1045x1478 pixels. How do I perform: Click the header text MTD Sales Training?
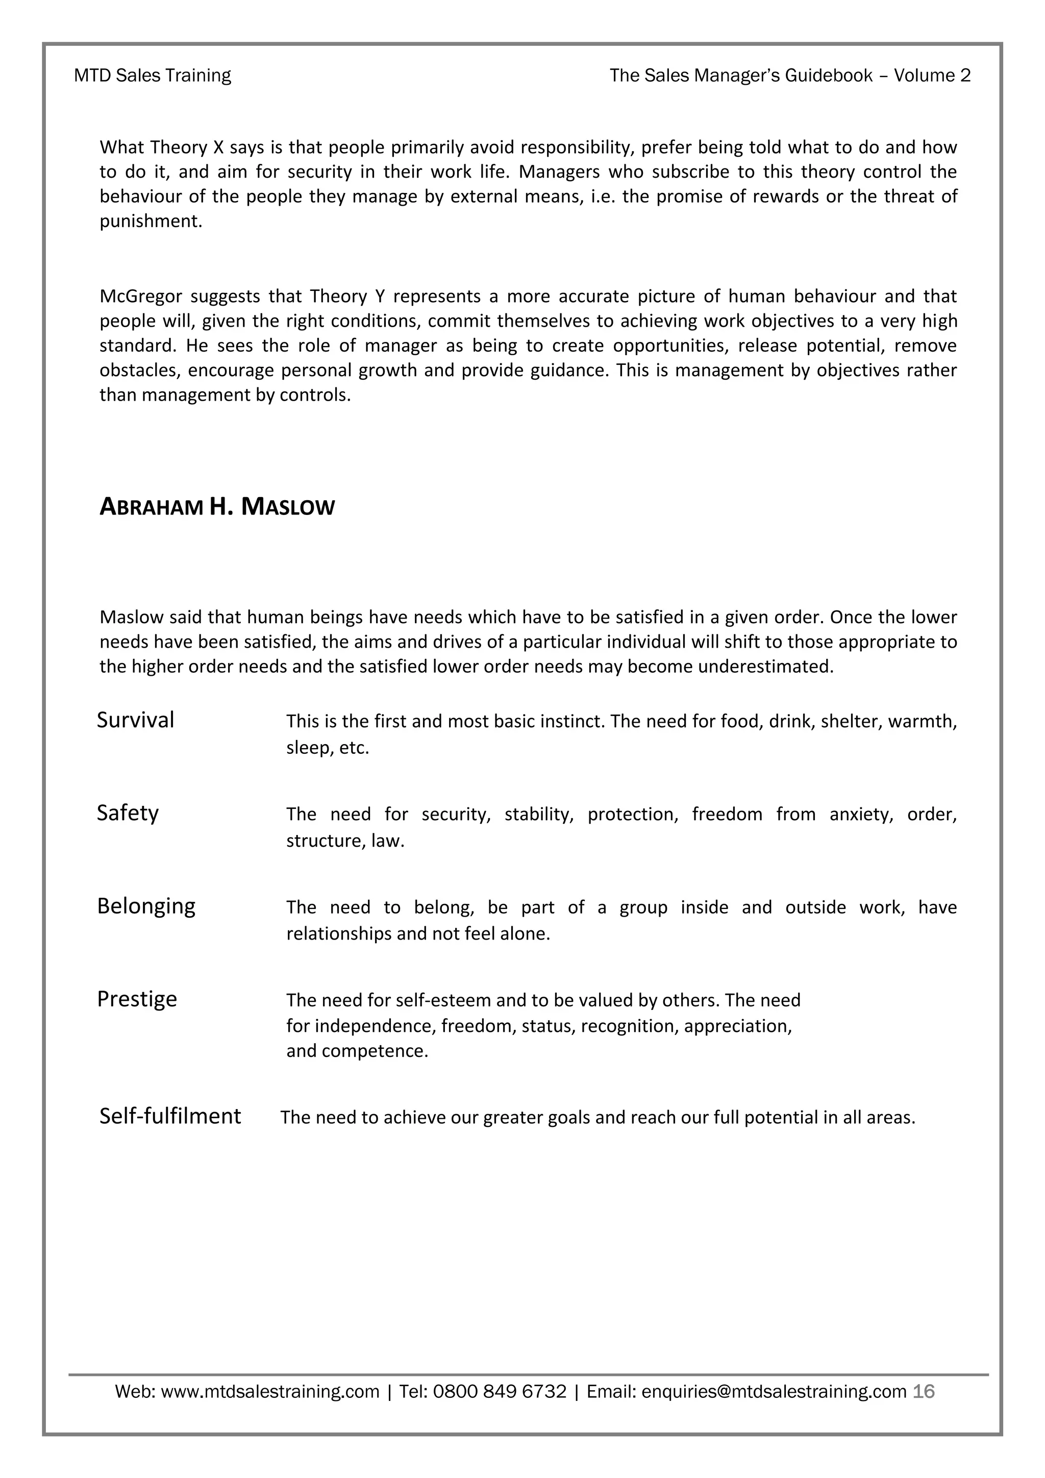pos(153,76)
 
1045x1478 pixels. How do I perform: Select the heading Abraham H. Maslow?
pos(217,507)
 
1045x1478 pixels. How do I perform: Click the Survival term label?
pos(135,720)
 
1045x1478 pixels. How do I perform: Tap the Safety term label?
pos(128,812)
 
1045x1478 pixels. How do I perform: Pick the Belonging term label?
pos(146,906)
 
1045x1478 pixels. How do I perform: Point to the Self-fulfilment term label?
pos(170,1116)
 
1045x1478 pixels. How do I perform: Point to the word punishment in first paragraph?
pos(150,221)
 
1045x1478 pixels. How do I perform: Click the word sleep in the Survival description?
pos(306,748)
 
